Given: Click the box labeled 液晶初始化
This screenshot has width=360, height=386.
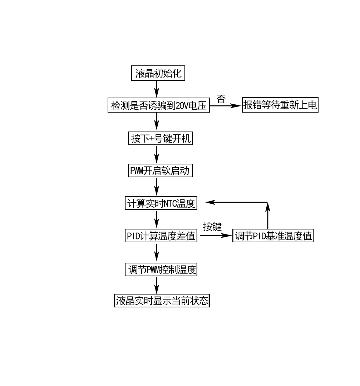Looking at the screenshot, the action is [158, 74].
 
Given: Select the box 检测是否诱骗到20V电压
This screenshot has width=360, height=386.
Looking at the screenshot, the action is [159, 105].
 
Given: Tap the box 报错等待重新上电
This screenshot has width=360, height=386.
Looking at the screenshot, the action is [280, 105].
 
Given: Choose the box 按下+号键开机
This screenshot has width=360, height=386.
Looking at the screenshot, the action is [160, 138].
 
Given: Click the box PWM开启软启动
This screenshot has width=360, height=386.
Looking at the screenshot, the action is [160, 170].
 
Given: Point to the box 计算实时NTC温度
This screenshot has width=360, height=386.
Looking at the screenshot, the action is [161, 203].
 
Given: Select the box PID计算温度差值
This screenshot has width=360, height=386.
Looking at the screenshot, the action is [161, 236].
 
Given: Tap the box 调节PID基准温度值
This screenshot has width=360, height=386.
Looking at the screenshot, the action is [273, 236].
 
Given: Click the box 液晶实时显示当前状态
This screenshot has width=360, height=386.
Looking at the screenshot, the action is [162, 301].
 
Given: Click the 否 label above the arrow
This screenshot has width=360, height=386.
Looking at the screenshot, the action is [221, 99].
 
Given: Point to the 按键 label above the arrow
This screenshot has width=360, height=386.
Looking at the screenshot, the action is [212, 227].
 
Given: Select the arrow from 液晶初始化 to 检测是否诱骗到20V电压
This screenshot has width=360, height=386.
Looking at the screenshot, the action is [157, 89].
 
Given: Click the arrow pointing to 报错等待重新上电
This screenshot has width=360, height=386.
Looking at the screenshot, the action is [225, 105].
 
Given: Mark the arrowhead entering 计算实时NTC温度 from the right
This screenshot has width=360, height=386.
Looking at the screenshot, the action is [211, 202].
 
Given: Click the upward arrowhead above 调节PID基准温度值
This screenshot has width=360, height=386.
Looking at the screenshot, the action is [267, 207].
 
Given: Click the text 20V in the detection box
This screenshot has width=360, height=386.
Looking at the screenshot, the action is [181, 106].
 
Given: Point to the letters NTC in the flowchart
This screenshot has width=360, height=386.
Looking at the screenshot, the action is [170, 203].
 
